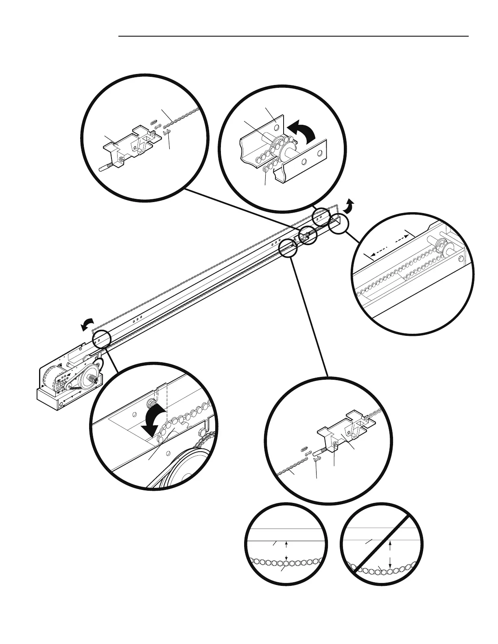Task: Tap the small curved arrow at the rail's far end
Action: pyautogui.click(x=349, y=206)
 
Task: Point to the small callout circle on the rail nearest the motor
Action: pyautogui.click(x=101, y=339)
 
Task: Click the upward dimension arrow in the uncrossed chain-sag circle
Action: pyautogui.click(x=287, y=544)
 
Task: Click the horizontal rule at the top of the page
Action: pyautogui.click(x=293, y=36)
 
